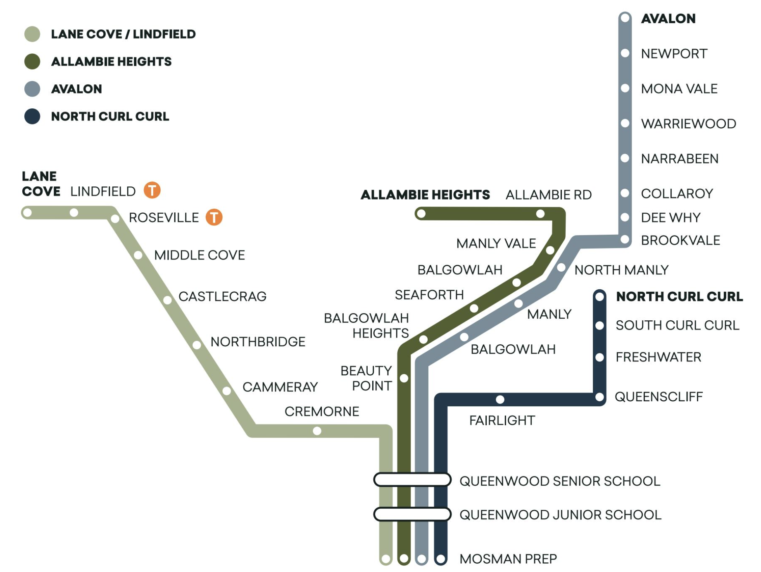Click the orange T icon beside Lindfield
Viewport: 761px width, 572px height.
pyautogui.click(x=152, y=191)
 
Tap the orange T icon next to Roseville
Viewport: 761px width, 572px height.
pyautogui.click(x=214, y=217)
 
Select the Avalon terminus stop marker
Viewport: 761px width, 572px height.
pyautogui.click(x=625, y=18)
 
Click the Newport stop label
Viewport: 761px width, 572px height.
pyautogui.click(x=674, y=54)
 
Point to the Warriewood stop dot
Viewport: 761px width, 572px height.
pyautogui.click(x=625, y=123)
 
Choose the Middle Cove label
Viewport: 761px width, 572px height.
pyautogui.click(x=199, y=255)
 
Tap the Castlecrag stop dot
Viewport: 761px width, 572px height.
pyautogui.click(x=167, y=300)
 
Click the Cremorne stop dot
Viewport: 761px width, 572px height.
pyautogui.click(x=317, y=431)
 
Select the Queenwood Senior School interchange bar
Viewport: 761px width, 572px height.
pyautogui.click(x=412, y=480)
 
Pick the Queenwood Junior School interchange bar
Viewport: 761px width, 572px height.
pyautogui.click(x=412, y=515)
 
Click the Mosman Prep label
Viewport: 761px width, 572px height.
pyautogui.click(x=508, y=559)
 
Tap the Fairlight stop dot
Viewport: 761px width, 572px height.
pyautogui.click(x=500, y=399)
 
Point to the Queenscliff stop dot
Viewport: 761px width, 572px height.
pyautogui.click(x=599, y=398)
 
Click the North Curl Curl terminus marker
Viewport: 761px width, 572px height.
pyautogui.click(x=599, y=297)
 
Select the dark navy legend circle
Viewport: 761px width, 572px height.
pyautogui.click(x=32, y=117)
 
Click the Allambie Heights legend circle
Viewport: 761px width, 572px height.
pyautogui.click(x=32, y=62)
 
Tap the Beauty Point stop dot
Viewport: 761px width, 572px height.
pyautogui.click(x=404, y=378)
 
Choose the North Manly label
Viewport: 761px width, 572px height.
pyautogui.click(x=621, y=270)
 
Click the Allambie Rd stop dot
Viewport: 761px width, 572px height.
pyautogui.click(x=540, y=214)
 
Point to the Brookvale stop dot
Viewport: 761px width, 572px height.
pyautogui.click(x=625, y=239)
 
